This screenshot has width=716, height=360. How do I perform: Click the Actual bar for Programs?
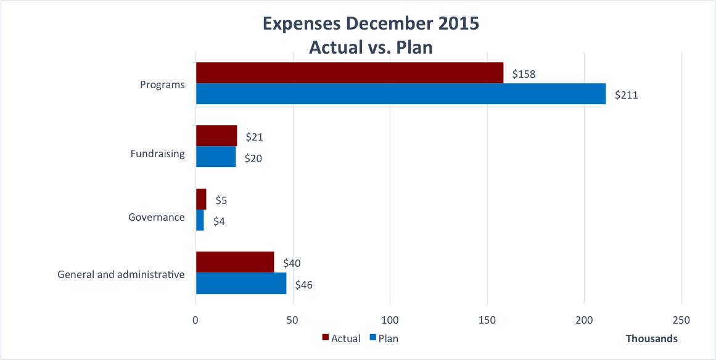point(349,73)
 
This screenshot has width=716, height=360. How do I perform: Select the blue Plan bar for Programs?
point(400,94)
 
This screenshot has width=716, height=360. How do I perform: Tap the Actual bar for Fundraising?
point(216,136)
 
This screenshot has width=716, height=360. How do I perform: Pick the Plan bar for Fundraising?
point(216,157)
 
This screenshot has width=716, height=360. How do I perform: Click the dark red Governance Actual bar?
point(201,199)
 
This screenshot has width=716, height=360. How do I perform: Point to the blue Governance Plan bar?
point(200,220)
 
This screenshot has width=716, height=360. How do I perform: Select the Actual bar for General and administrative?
point(235,262)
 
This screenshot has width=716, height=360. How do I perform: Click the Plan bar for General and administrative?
point(241,283)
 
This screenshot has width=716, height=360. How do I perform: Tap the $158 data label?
point(524,74)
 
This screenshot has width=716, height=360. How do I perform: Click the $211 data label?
point(626,96)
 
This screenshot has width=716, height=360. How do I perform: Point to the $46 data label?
point(304,285)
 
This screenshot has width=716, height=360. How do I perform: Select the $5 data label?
point(221,200)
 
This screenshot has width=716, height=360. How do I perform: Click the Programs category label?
point(162,84)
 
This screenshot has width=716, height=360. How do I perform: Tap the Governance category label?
point(156,217)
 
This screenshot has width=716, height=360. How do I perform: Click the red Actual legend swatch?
point(325,338)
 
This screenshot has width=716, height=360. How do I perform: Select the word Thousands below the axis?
point(651,338)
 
